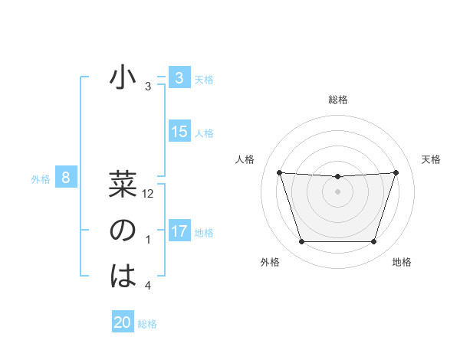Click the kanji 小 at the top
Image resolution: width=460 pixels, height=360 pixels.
point(123,79)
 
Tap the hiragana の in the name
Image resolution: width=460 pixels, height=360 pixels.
point(123,231)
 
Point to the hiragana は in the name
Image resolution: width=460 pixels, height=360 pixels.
point(123,277)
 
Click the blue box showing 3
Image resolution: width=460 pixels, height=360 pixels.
point(179,79)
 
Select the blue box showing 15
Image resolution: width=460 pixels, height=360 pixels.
point(179,132)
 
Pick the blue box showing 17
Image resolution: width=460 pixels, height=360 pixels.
point(179,231)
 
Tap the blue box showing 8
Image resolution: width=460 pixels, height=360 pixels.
point(66,178)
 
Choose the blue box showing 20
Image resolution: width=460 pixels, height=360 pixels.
point(123,322)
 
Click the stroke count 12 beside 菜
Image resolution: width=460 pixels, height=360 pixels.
point(149,195)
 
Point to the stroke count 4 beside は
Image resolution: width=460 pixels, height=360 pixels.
point(148,286)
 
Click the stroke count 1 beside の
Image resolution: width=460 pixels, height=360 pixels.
point(148,241)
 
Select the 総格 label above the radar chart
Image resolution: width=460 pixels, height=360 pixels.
point(338,100)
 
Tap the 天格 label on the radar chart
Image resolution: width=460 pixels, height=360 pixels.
point(431,159)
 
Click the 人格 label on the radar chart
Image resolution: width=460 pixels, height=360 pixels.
point(245,159)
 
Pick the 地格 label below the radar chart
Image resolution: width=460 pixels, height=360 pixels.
point(402,262)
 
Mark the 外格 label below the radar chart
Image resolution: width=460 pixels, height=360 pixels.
point(270,262)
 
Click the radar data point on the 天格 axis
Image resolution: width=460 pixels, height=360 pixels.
point(396,172)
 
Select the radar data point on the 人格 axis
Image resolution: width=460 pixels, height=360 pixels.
point(279,172)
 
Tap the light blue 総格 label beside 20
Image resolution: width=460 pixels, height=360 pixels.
point(148,324)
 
